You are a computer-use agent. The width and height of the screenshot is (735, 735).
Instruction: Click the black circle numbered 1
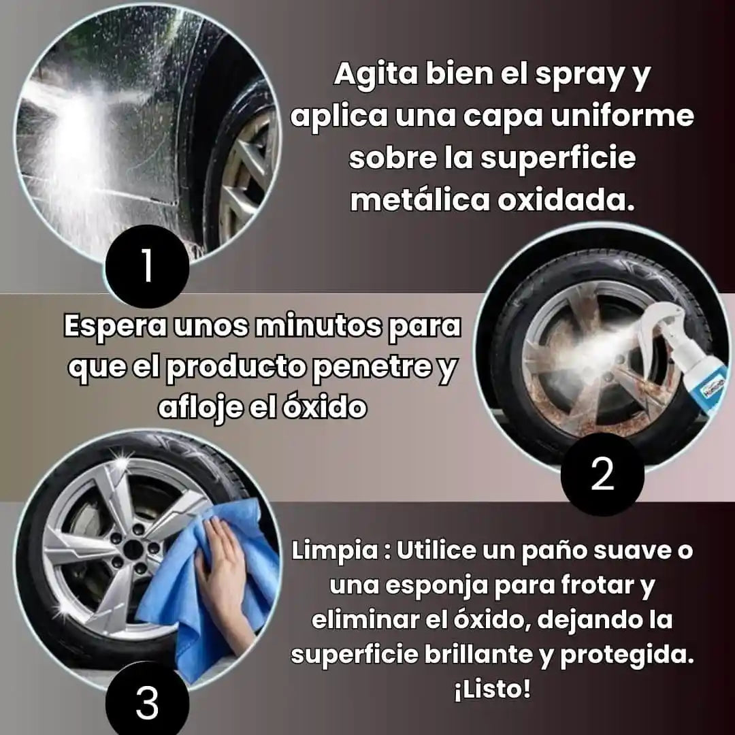coord(147,266)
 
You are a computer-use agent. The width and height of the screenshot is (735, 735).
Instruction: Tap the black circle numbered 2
coord(602,474)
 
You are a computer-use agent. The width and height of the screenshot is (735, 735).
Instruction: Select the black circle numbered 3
coord(147,702)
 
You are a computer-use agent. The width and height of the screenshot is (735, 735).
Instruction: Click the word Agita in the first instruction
coord(376,75)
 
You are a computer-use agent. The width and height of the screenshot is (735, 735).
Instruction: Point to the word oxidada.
coord(566,201)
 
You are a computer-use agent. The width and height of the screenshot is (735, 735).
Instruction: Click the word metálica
coord(420,201)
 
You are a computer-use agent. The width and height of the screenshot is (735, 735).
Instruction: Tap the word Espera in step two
coord(115,326)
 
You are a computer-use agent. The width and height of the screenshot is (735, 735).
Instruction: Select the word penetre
coord(372,367)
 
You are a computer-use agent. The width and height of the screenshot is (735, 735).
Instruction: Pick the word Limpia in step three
coord(334,551)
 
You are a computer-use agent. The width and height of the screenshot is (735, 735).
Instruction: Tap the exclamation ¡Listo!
coord(492,689)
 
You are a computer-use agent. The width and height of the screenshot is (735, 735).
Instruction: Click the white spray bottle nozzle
coord(656,318)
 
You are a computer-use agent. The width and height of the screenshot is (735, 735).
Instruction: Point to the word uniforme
coord(621,116)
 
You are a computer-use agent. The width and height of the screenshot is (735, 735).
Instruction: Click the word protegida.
coord(627,655)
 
